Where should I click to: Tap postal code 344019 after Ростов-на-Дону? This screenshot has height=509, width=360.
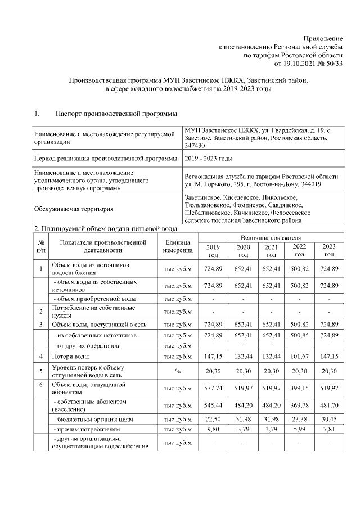coord(310,184)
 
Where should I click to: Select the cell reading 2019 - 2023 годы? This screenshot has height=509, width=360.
coord(209,159)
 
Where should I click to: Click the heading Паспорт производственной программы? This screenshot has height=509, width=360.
coord(116,114)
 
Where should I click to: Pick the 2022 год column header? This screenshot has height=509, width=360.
coord(299,251)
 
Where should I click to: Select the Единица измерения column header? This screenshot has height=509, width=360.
coord(178,246)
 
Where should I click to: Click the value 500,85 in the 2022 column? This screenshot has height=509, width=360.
coord(299,335)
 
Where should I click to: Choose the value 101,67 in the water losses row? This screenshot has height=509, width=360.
coord(299,356)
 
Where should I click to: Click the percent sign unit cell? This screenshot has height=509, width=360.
coord(178,372)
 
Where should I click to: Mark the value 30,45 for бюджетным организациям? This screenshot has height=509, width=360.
coord(328,420)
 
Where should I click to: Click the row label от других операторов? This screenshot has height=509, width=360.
coord(81,345)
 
